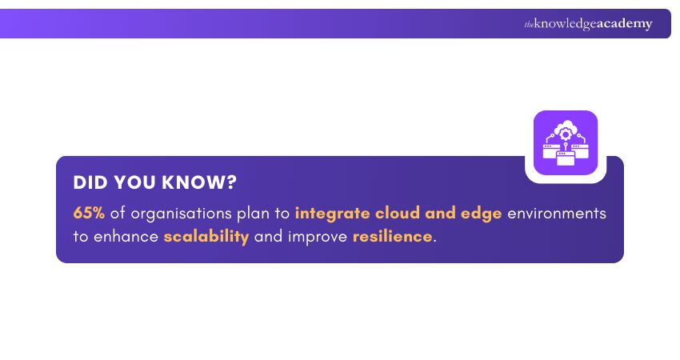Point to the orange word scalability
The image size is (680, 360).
pos(206,238)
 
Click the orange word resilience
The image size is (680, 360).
pos(392,238)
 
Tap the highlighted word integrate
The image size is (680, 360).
pos(328,214)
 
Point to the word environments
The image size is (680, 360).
pos(557,214)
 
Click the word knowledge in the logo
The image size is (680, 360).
pos(565,24)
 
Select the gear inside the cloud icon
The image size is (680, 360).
pos(566,132)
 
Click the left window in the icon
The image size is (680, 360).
pos(550,148)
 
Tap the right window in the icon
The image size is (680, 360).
pos(582,148)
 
